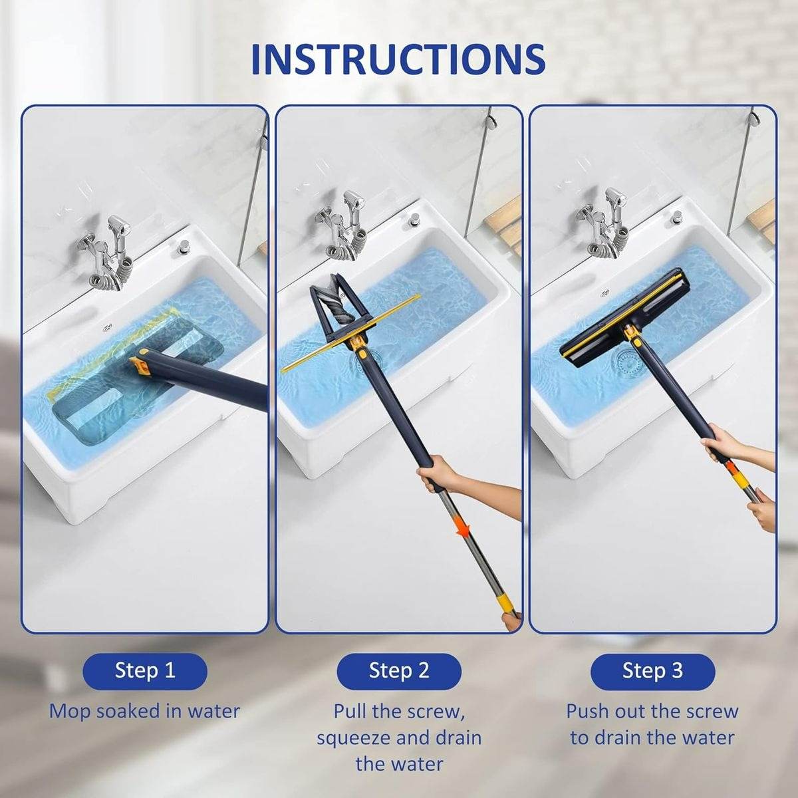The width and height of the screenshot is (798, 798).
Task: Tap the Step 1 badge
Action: coord(144,670)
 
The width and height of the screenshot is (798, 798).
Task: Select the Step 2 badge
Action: coord(398,670)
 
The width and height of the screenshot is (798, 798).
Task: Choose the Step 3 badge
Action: coord(652,670)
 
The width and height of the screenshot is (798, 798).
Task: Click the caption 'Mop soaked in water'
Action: coord(144,711)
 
